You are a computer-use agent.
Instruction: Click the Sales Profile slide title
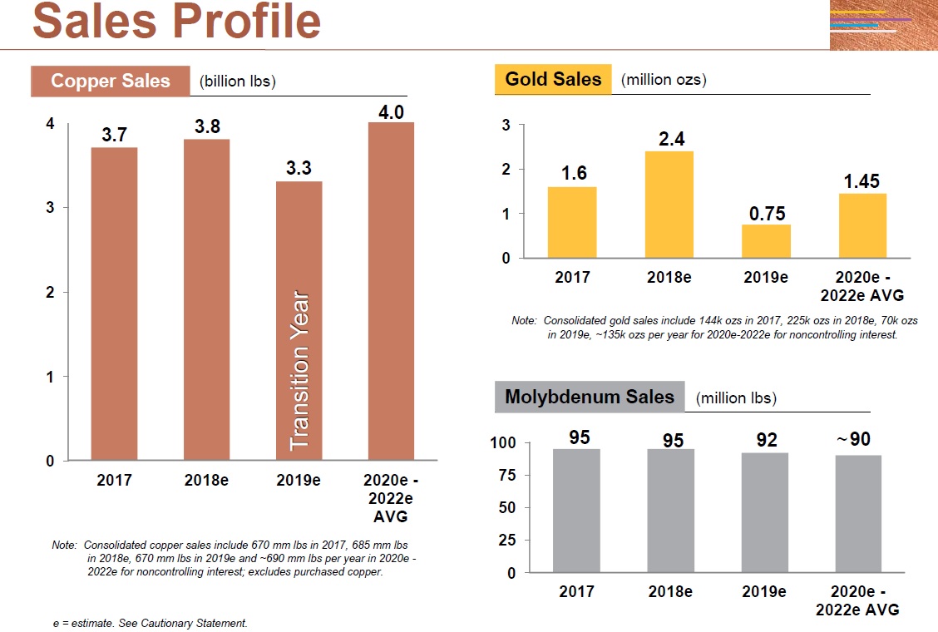[176, 22]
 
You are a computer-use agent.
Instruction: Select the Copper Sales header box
[110, 81]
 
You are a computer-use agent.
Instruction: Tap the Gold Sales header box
[553, 80]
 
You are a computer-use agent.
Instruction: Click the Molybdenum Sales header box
[590, 397]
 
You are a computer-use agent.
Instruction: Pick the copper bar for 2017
[114, 304]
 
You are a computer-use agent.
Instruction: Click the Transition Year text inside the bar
[299, 370]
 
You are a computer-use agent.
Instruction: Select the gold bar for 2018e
[669, 205]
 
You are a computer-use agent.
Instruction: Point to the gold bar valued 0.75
[766, 241]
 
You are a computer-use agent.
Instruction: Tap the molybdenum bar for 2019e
[765, 512]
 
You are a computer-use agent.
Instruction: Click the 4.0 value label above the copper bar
[391, 111]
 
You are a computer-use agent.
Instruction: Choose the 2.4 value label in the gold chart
[671, 139]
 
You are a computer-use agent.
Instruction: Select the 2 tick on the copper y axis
[50, 292]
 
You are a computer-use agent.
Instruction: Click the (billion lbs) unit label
[238, 81]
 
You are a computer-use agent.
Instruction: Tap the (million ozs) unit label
[664, 80]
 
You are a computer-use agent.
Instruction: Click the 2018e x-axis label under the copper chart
[206, 481]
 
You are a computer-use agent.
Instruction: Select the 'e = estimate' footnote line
[150, 622]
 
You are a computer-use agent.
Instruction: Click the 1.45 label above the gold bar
[861, 181]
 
